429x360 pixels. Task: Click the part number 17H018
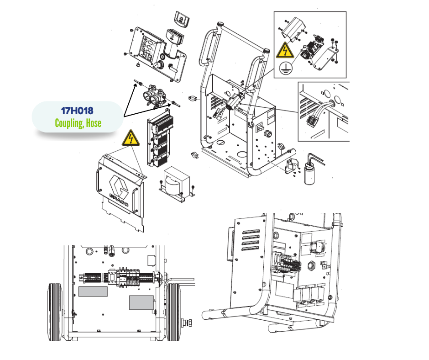coord(77,111)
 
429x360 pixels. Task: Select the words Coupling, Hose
coord(78,123)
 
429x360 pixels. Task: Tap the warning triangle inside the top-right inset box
coord(285,50)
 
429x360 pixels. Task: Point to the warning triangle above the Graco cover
coord(131,138)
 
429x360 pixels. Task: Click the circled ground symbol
coord(286,68)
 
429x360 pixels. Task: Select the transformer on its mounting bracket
coord(177,182)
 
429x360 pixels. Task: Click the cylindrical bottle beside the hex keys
coord(309,173)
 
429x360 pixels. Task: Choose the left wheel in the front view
coord(55,312)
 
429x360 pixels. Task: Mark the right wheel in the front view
coord(173,312)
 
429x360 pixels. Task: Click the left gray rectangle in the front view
coord(93,291)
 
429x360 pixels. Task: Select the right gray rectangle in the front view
coord(141,303)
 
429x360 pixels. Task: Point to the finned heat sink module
coord(160,138)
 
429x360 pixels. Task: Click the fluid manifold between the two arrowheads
coord(154,96)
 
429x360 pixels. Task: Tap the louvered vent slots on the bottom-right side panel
coord(251,240)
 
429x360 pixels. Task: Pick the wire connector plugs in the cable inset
coord(313,121)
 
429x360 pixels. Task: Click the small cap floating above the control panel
coord(182,19)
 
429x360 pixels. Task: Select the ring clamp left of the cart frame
coord(194,98)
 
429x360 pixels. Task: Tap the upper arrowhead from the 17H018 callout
coord(135,85)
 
